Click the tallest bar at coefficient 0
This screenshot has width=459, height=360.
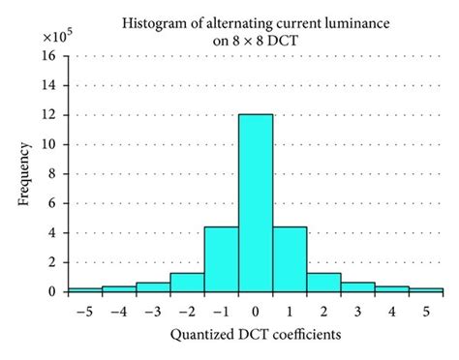[x=256, y=203]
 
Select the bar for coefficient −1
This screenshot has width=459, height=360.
[x=222, y=259]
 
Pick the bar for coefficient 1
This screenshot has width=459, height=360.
[x=290, y=259]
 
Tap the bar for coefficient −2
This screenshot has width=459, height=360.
[x=187, y=282]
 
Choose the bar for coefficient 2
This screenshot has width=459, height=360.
[x=324, y=282]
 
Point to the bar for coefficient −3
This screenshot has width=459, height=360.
[x=153, y=286]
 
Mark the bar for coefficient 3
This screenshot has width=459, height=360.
[x=358, y=286]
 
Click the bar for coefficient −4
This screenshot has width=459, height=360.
[x=119, y=288]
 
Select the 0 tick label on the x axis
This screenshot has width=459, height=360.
[x=256, y=312]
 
